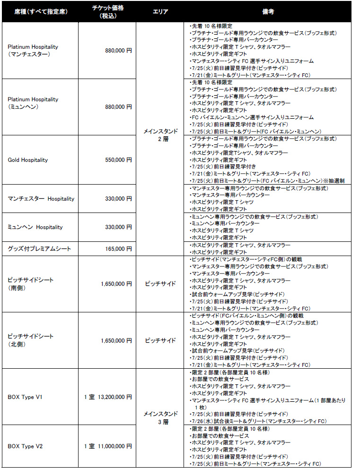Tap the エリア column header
pos(160,11)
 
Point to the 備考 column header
pos(268,11)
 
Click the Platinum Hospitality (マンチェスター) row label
pos(33,51)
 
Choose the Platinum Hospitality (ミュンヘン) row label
pos(33,103)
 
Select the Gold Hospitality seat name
pos(28,160)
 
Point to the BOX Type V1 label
pos(26,397)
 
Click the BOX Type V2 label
pos(26,446)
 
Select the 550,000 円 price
pos(118,160)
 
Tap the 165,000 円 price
pos(118,248)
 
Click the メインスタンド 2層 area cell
pos(160,135)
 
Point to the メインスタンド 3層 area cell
pos(160,417)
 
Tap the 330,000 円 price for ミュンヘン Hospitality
pos(118,227)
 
